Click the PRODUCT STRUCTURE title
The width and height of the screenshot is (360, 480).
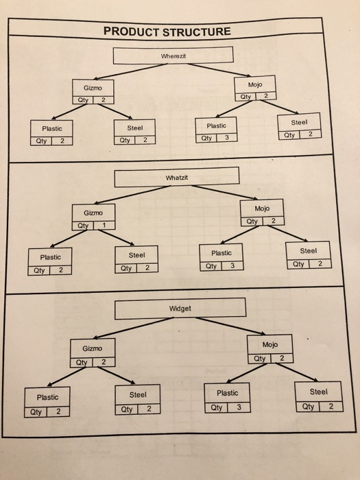pos(167,32)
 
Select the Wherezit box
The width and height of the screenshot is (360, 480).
pos(174,55)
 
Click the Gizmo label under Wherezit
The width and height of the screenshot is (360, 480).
pos(93,89)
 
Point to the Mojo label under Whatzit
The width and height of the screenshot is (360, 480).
pos(261,208)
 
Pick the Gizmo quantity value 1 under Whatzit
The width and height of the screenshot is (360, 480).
pos(103,226)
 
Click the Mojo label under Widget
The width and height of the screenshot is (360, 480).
pos(270,344)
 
